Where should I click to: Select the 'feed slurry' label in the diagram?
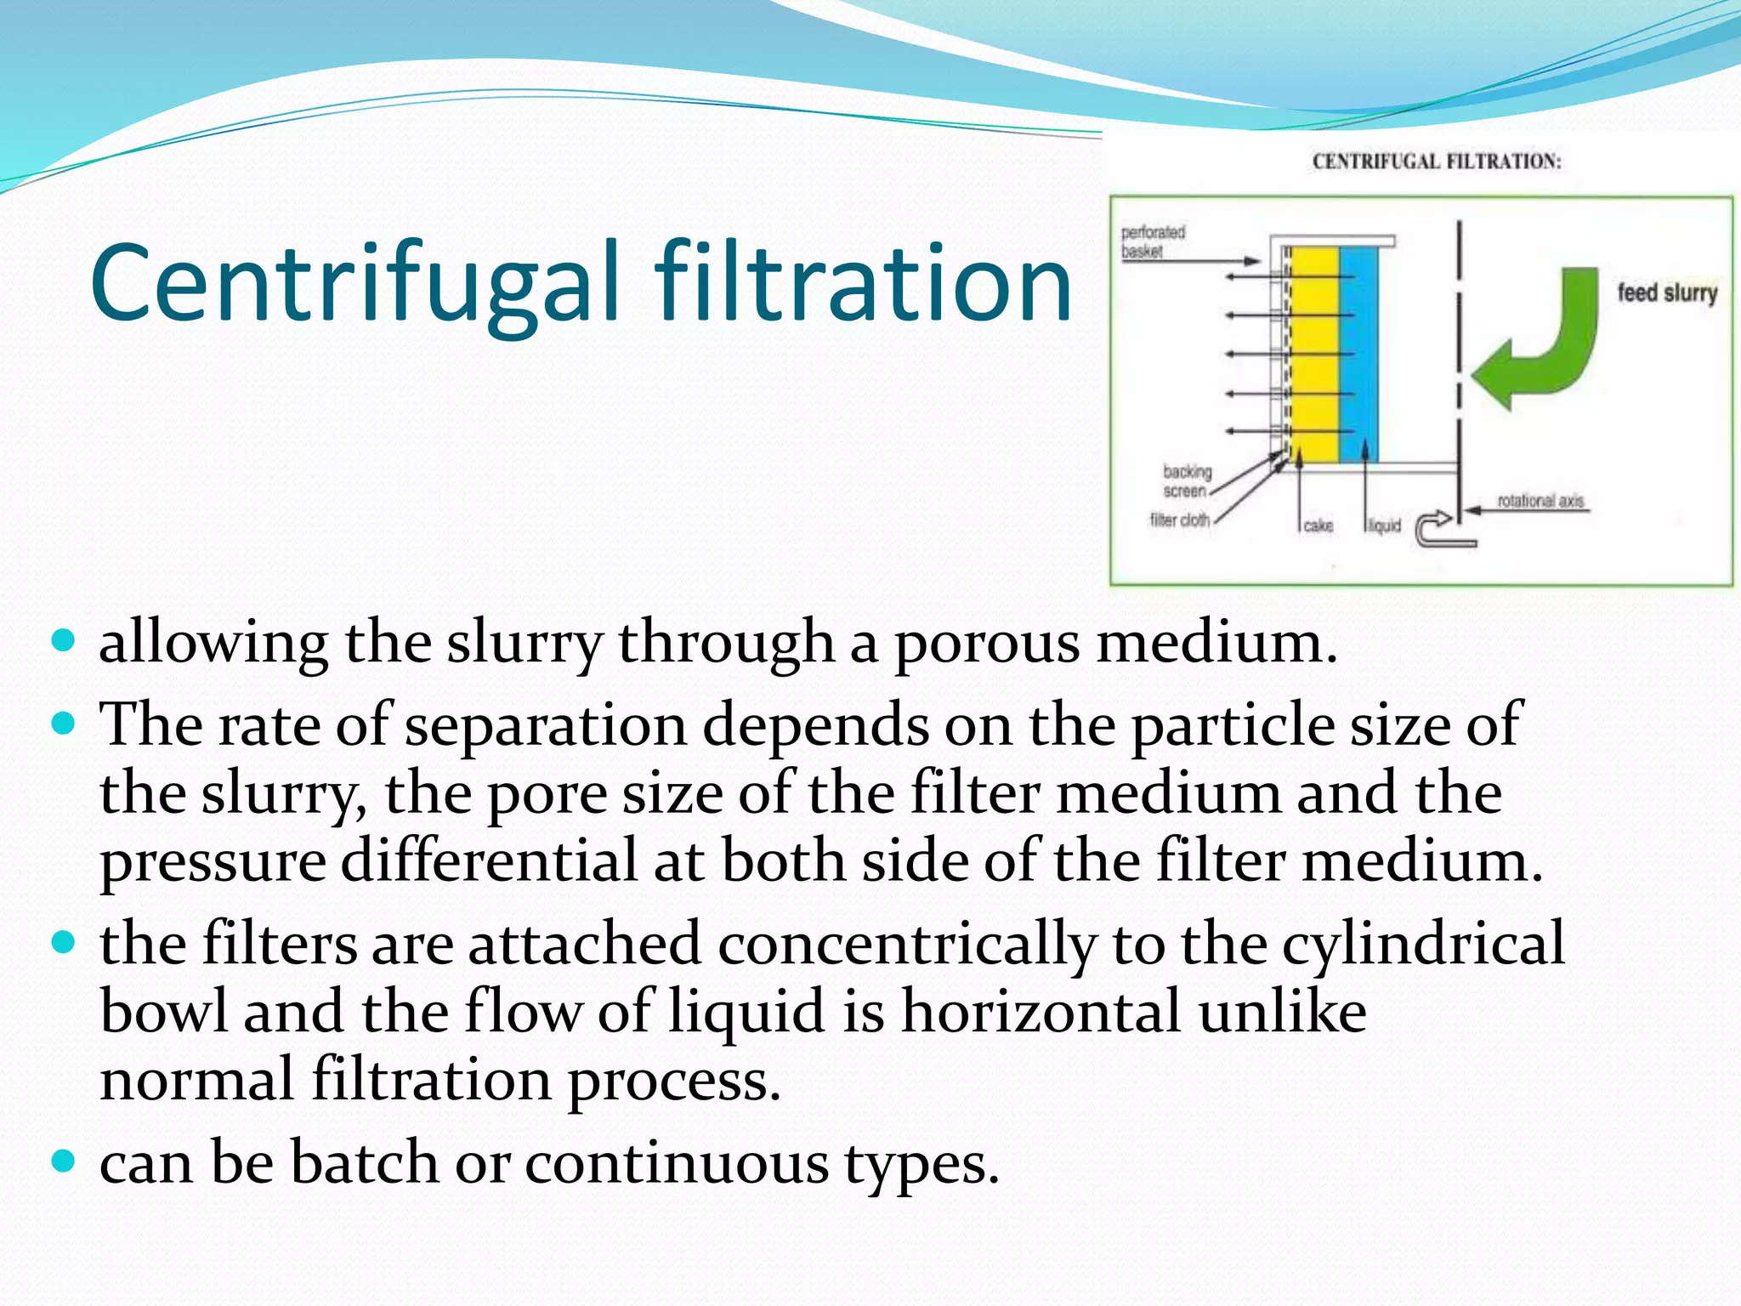[x=1667, y=293]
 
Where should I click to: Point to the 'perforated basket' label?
[x=1153, y=241]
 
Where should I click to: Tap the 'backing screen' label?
[x=1187, y=481]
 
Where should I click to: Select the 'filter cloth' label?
[x=1179, y=520]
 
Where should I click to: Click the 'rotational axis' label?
[x=1540, y=501]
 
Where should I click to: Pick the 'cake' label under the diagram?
[x=1318, y=526]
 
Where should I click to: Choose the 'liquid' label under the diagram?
[x=1384, y=526]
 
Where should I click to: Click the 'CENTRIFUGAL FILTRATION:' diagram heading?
[x=1437, y=162]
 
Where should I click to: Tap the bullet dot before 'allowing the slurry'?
[x=64, y=639]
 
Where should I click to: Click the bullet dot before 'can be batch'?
[x=64, y=1160]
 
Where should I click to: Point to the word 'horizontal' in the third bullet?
[x=1041, y=1013]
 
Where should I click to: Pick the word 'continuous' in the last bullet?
[x=677, y=1163]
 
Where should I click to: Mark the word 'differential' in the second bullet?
[x=489, y=860]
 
